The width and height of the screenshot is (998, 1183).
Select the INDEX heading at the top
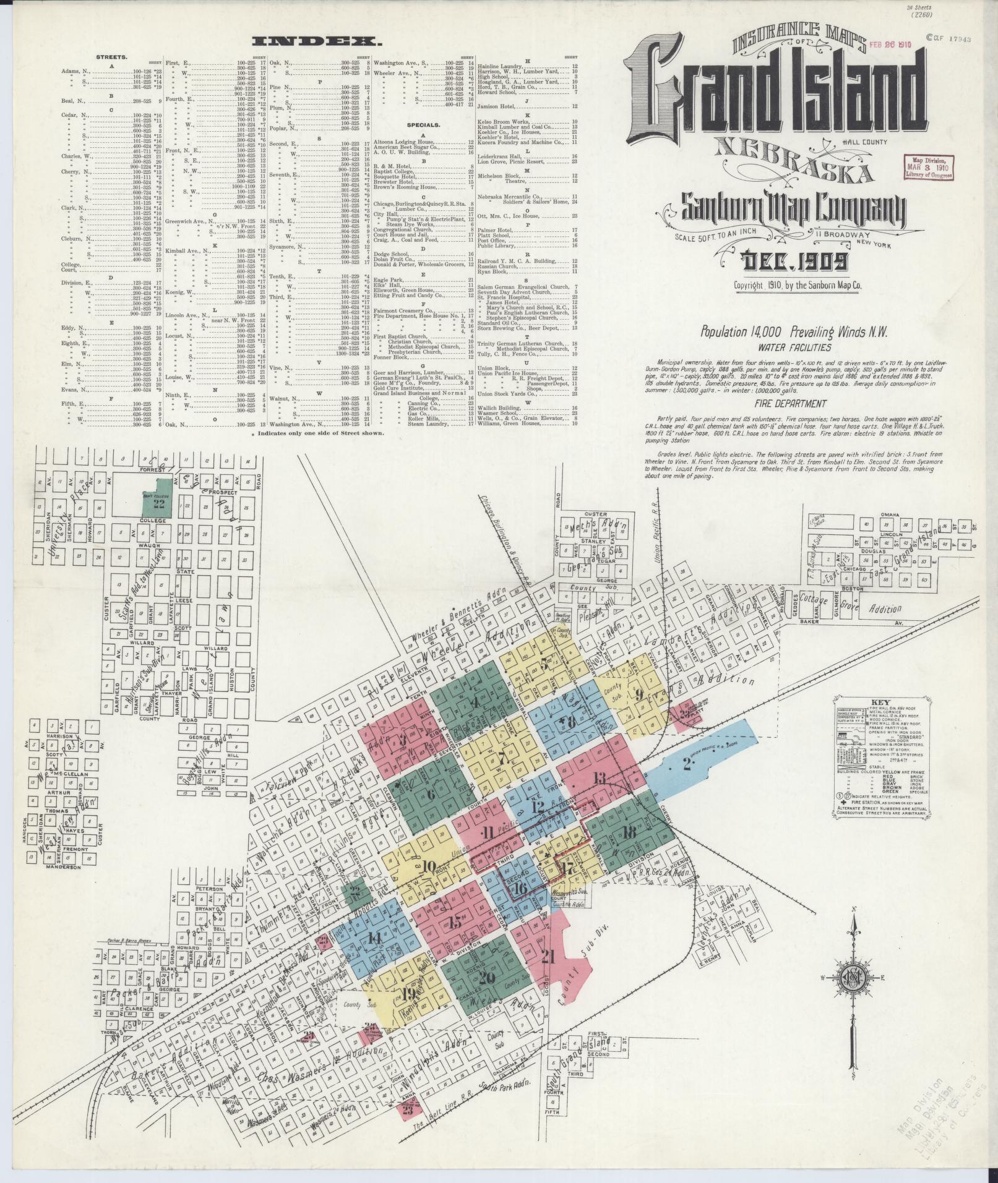point(317,42)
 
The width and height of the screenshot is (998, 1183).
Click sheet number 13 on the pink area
point(598,778)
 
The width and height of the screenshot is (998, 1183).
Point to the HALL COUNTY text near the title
point(864,142)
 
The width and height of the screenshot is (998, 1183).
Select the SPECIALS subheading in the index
point(423,124)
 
